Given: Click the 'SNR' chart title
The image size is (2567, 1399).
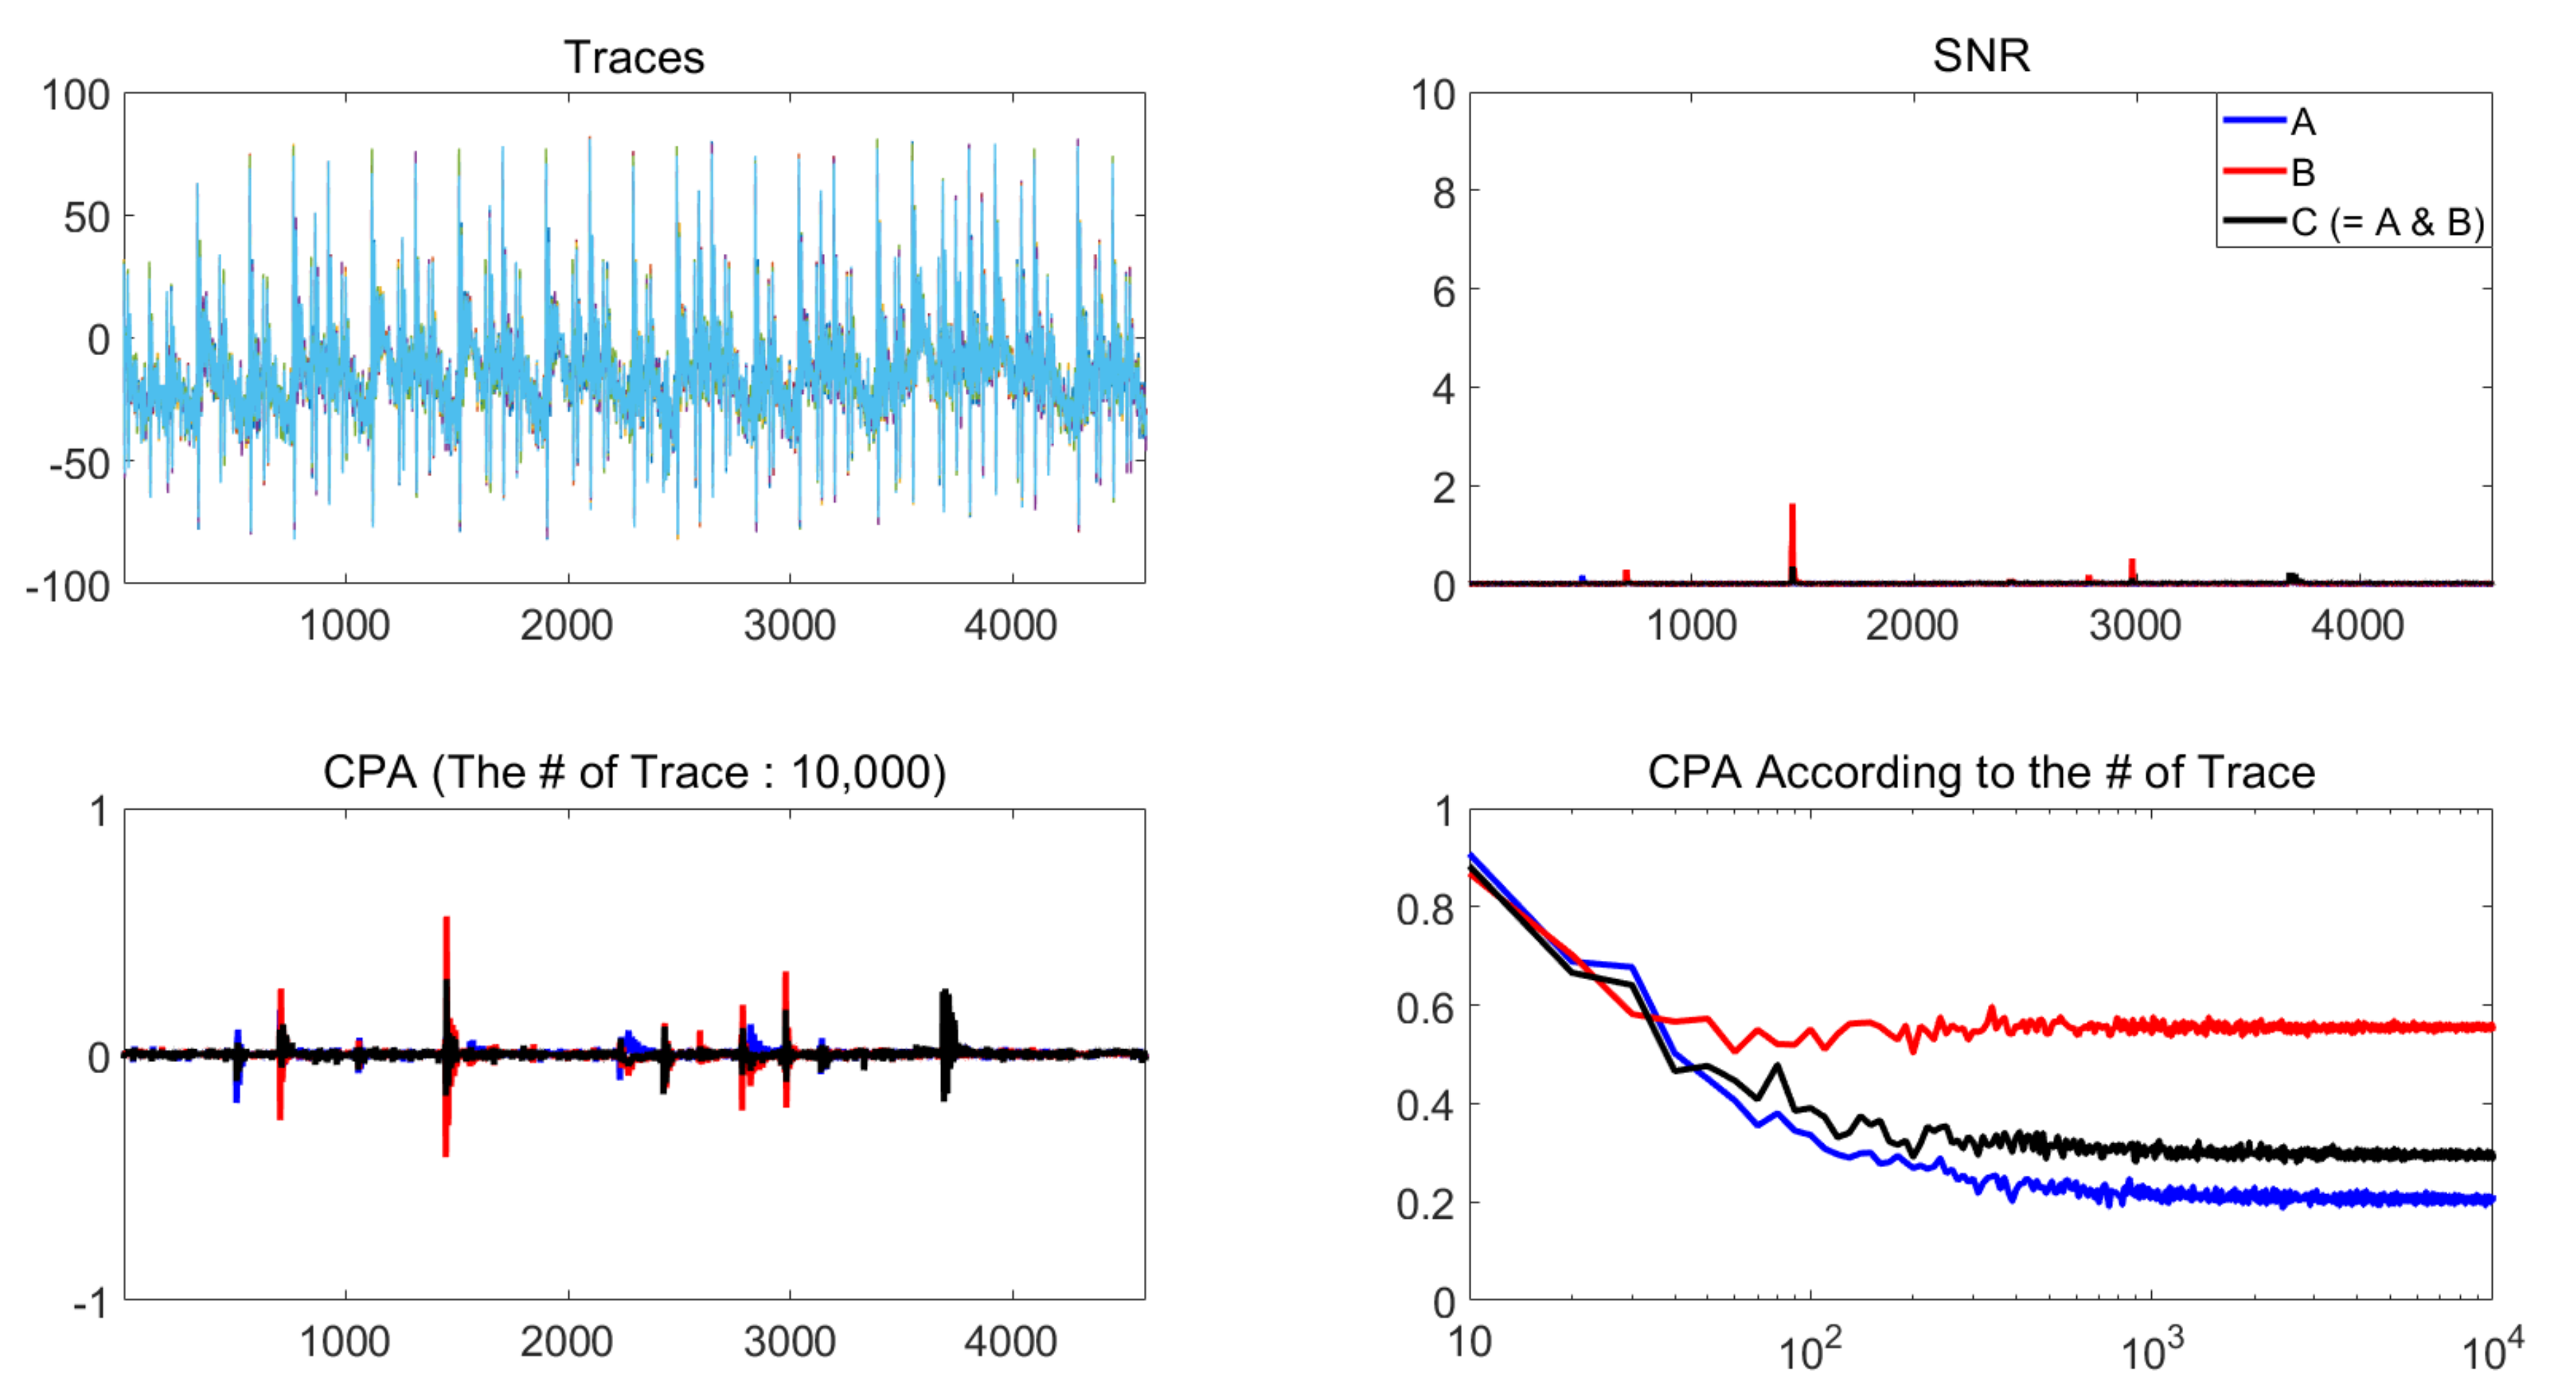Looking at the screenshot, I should tap(1980, 55).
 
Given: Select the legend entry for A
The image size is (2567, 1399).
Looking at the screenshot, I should tap(2302, 122).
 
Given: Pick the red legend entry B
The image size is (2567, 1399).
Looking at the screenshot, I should tap(2302, 172).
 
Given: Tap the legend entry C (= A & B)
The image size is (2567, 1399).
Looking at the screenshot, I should tap(2387, 223).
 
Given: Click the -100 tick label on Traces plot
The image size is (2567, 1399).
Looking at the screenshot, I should tap(68, 587).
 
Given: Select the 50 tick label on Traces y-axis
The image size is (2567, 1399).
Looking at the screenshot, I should tap(86, 217).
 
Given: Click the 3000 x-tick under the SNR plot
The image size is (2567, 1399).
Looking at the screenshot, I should tap(2134, 626).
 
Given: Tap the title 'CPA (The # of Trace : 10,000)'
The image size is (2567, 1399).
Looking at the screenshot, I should tap(634, 772).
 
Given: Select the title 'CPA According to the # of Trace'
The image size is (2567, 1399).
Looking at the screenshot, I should tap(1980, 772).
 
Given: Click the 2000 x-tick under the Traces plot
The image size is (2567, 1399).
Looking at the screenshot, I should tap(566, 626).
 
